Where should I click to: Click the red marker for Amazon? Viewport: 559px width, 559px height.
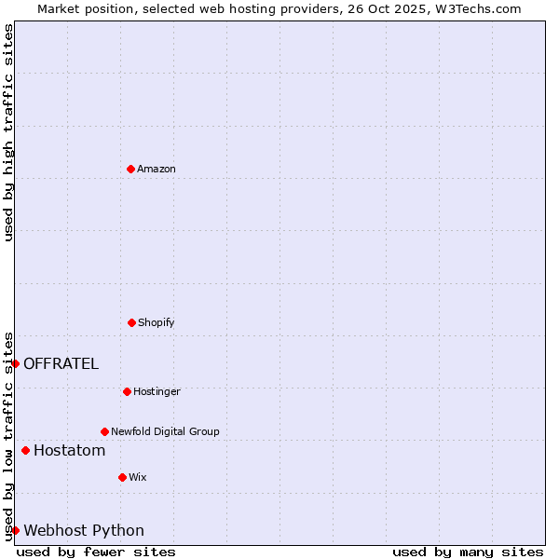click(130, 169)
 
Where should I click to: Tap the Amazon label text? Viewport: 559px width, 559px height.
click(157, 170)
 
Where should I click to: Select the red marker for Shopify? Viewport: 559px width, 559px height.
click(131, 322)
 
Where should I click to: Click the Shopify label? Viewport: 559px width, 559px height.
click(157, 323)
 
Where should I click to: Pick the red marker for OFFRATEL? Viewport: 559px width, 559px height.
click(15, 363)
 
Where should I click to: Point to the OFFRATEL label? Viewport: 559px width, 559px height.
click(61, 364)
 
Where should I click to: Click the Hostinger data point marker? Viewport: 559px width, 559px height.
click(127, 391)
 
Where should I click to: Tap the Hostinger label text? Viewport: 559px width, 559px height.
click(157, 392)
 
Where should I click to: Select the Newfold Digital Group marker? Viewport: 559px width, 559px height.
click(104, 431)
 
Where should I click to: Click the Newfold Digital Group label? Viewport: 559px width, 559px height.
click(165, 432)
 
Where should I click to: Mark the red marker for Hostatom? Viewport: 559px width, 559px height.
click(25, 451)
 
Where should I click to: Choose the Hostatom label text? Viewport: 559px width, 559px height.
click(69, 451)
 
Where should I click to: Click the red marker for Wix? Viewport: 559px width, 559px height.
click(122, 477)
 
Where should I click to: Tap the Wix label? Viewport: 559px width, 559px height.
click(138, 478)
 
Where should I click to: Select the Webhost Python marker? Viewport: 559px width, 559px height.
click(15, 530)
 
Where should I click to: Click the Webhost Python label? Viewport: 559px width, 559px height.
click(84, 531)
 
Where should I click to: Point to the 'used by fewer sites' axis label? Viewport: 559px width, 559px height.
click(96, 552)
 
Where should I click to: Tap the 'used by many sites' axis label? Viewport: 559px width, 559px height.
click(468, 552)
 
